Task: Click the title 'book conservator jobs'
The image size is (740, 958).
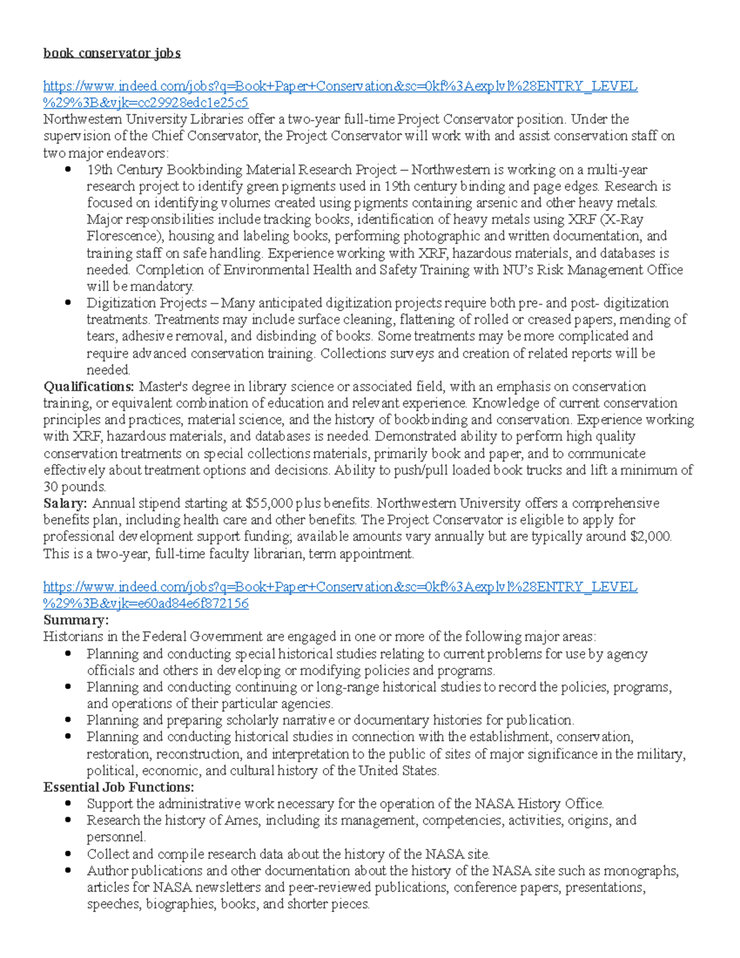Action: coord(112,53)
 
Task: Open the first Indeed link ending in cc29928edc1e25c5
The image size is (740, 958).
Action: coord(340,86)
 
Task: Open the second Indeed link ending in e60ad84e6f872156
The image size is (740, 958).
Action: coord(340,587)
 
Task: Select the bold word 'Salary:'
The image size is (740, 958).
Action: coord(65,503)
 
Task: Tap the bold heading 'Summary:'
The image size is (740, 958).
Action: coord(76,620)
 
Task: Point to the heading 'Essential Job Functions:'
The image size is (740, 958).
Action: coord(118,787)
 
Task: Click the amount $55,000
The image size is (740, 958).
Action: coord(269,503)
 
